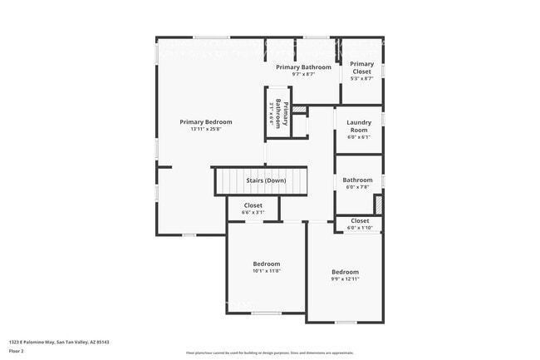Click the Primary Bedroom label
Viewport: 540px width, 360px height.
pos(206,121)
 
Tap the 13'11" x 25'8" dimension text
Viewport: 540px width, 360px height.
pos(206,129)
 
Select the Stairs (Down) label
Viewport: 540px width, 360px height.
pos(266,180)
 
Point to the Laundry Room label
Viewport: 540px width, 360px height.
pos(358,126)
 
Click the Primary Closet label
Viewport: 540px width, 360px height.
pos(361,67)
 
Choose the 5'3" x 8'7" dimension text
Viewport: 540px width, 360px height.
pos(361,78)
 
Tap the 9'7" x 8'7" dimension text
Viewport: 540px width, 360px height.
pos(303,75)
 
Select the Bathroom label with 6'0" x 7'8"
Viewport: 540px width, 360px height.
pos(358,180)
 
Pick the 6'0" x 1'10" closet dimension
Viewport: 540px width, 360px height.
pos(360,228)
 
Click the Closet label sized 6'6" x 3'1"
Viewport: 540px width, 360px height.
pos(253,205)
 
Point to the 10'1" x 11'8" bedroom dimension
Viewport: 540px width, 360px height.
pos(267,271)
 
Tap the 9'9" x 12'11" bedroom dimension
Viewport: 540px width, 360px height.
pos(345,279)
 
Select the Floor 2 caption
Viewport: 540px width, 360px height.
pos(17,350)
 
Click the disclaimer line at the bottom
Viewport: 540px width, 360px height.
pos(269,353)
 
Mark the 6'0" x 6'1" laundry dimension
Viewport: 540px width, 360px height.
pos(358,138)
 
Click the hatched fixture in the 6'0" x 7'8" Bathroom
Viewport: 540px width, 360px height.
pos(378,205)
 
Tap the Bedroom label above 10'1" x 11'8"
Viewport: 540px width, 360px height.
pos(267,264)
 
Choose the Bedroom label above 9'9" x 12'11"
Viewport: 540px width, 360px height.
pos(345,272)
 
